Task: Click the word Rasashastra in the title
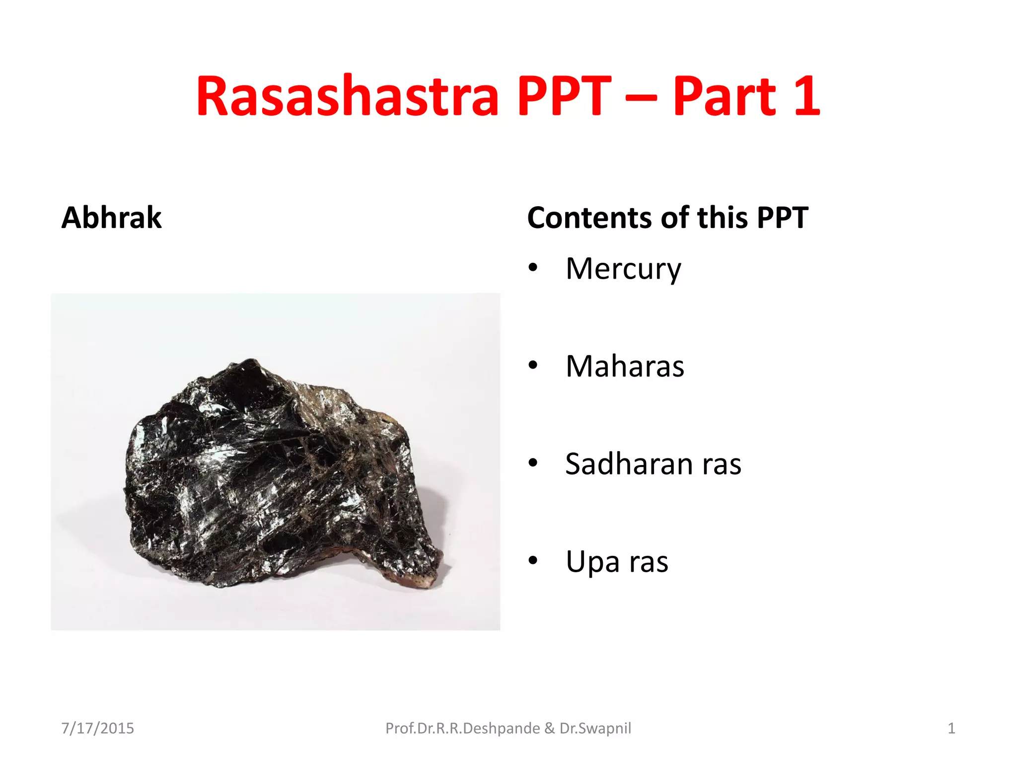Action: click(x=347, y=96)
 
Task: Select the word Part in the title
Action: click(x=724, y=96)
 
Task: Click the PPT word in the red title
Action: click(x=564, y=96)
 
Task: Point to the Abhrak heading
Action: click(x=112, y=218)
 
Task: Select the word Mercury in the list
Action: click(x=623, y=269)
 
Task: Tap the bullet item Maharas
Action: click(x=625, y=366)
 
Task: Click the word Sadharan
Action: click(x=629, y=464)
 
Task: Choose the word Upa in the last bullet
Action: click(x=592, y=562)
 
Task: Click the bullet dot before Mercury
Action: click(x=533, y=268)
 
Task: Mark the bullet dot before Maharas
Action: click(x=533, y=366)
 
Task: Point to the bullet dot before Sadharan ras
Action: click(x=533, y=463)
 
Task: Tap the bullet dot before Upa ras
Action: click(x=533, y=561)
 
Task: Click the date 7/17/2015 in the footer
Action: click(x=97, y=728)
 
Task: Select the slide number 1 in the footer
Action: click(x=951, y=728)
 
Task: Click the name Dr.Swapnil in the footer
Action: click(x=595, y=728)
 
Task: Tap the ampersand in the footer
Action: click(x=550, y=728)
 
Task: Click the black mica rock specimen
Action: click(x=278, y=472)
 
